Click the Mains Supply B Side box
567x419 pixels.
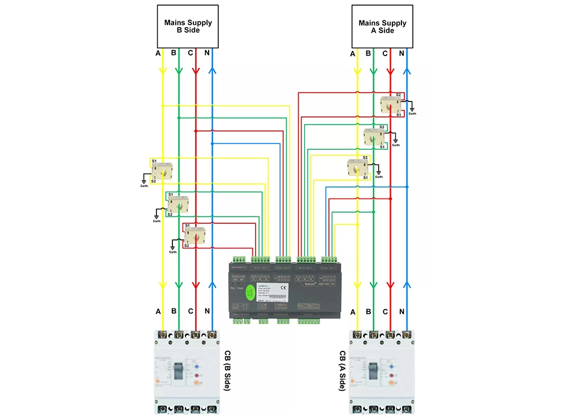click(x=188, y=26)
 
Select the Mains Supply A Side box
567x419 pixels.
click(x=382, y=26)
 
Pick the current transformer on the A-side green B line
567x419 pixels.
click(x=374, y=136)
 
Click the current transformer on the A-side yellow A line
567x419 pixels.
click(x=357, y=167)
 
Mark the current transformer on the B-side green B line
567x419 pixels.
click(x=179, y=204)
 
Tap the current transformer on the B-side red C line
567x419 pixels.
click(x=195, y=234)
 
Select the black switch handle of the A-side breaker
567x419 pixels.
click(x=374, y=371)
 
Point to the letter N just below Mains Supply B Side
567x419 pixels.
click(x=208, y=53)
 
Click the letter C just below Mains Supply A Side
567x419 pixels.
click(x=385, y=53)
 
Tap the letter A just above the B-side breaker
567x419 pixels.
click(x=158, y=311)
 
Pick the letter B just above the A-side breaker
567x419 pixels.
click(x=369, y=312)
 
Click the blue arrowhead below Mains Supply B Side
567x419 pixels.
click(x=212, y=71)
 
